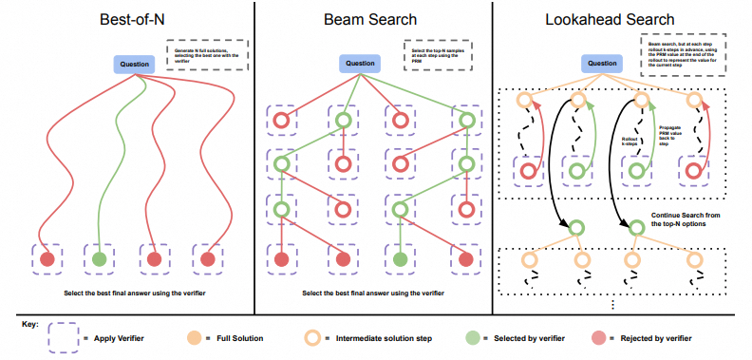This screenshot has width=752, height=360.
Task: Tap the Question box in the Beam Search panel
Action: click(359, 64)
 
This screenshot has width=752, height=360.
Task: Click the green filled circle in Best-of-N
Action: click(100, 258)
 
